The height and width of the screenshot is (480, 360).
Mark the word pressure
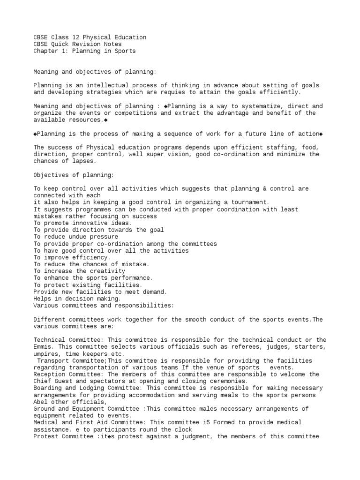click(x=103, y=237)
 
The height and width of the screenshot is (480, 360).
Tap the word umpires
click(x=45, y=353)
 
